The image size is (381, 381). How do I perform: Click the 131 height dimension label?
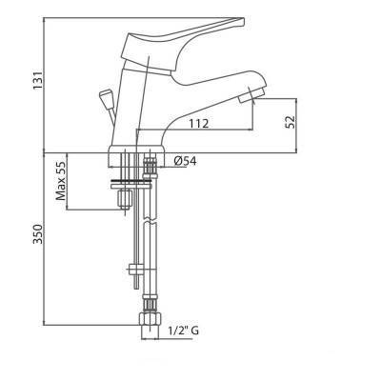38,80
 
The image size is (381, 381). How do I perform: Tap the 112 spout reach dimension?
199,124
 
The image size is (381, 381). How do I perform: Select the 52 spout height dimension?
291,122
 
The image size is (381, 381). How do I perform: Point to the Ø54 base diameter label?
185,161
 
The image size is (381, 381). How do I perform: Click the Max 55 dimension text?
61,181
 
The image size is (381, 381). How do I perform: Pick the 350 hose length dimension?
38,234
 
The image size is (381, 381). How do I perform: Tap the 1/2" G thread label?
184,331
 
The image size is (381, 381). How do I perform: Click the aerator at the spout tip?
251,95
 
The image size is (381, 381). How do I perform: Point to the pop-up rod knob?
106,94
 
